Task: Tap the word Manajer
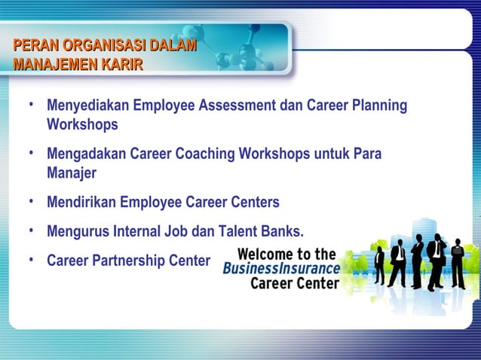[x=71, y=172]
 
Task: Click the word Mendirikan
[x=82, y=203]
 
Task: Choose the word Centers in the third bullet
[x=255, y=203]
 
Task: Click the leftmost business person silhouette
[x=379, y=263]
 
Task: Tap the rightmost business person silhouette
[x=457, y=264]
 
